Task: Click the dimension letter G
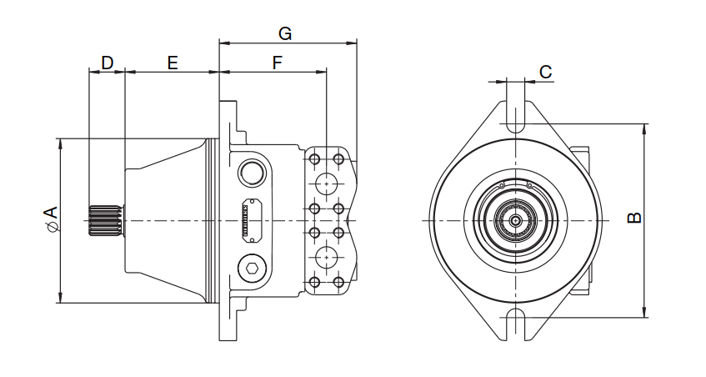tap(285, 33)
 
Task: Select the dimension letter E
tap(173, 63)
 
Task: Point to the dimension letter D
tap(107, 63)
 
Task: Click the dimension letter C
tap(545, 73)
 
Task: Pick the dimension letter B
tap(633, 218)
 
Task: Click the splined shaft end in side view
tap(105, 220)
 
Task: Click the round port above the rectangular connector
tap(251, 173)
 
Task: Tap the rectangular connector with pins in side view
tap(249, 221)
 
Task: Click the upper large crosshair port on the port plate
tap(326, 183)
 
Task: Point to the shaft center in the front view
tap(516, 220)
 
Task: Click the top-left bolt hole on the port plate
tap(315, 158)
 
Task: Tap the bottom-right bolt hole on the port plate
tap(338, 283)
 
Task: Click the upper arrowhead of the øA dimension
tap(60, 143)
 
